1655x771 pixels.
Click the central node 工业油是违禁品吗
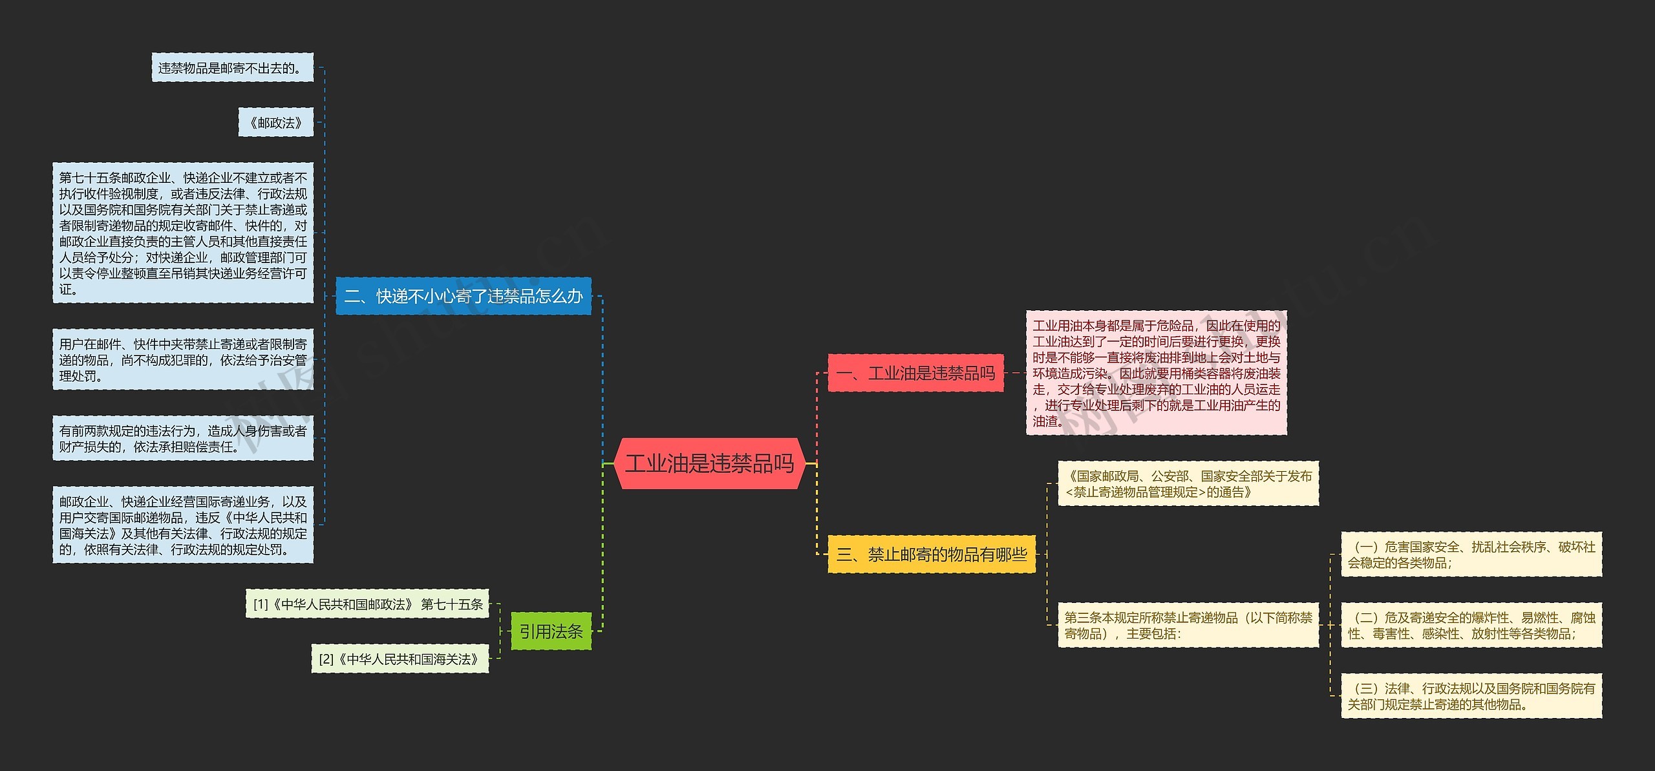point(709,463)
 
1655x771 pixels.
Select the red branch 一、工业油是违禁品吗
point(915,373)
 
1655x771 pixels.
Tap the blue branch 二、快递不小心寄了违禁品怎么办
point(463,297)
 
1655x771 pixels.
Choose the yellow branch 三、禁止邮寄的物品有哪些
point(931,554)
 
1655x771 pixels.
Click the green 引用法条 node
point(551,631)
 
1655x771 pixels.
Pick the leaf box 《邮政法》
point(276,122)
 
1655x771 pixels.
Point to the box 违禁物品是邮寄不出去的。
point(232,68)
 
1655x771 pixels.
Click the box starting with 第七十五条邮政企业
point(183,233)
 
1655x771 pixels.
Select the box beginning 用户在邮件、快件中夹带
point(183,359)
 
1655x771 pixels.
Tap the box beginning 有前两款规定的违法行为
point(183,438)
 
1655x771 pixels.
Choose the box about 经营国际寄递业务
point(183,525)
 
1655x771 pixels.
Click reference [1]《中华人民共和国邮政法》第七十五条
point(367,604)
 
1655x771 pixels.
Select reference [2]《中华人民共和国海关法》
point(400,659)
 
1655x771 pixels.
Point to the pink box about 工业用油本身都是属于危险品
point(1156,373)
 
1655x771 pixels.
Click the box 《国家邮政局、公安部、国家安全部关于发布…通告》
point(1188,483)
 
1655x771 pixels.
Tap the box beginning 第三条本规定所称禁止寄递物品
point(1188,625)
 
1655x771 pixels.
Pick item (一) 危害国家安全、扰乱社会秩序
point(1471,554)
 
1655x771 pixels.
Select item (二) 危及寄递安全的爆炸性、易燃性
point(1471,625)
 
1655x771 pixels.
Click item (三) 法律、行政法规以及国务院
point(1471,696)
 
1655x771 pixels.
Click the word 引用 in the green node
point(535,631)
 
